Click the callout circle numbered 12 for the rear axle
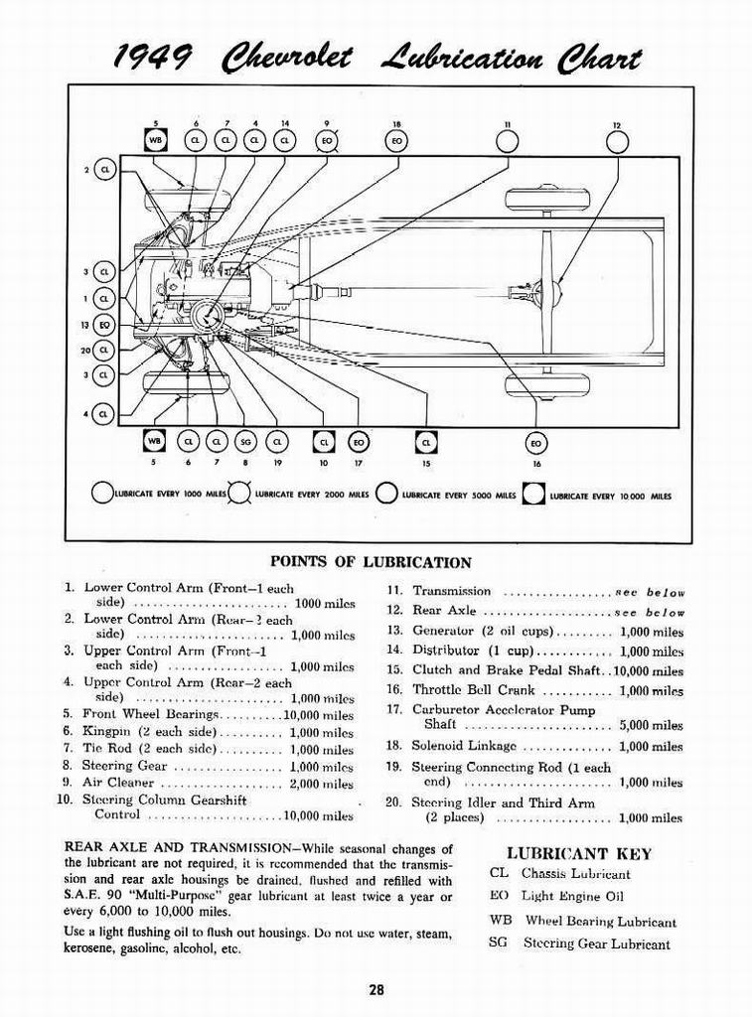(617, 143)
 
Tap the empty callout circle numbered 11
(508, 143)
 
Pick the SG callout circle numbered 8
(244, 441)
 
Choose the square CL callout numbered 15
(426, 441)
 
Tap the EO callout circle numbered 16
(536, 442)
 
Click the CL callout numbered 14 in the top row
(285, 141)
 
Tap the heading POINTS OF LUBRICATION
(371, 562)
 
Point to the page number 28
(376, 989)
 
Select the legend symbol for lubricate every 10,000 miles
(534, 494)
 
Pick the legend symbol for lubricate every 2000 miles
(240, 494)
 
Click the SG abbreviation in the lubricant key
(498, 943)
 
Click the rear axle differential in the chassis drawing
(546, 292)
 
